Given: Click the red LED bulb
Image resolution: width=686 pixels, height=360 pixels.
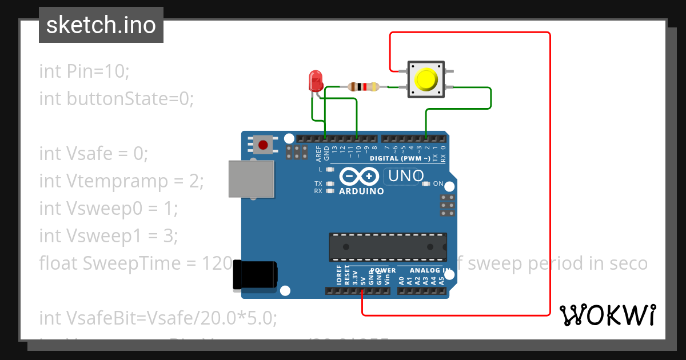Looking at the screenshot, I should pyautogui.click(x=315, y=81).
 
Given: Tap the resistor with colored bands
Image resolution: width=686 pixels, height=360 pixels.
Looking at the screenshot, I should pyautogui.click(x=363, y=87).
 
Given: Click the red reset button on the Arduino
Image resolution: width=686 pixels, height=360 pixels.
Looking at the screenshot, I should pyautogui.click(x=263, y=145).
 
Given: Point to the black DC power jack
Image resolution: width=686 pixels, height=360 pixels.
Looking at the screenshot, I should pyautogui.click(x=255, y=275).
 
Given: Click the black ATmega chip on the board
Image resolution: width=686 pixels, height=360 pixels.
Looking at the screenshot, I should pyautogui.click(x=388, y=247).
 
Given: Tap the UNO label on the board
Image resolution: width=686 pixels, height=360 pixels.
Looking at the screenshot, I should pyautogui.click(x=406, y=176).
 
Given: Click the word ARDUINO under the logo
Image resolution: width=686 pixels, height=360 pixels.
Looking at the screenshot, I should pyautogui.click(x=361, y=191).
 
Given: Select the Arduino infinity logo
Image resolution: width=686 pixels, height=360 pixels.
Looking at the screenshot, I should pyautogui.click(x=359, y=176).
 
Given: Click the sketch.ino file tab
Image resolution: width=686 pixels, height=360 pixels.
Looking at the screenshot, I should pyautogui.click(x=101, y=25).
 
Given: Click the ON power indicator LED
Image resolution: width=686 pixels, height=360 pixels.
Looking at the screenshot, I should pyautogui.click(x=426, y=183).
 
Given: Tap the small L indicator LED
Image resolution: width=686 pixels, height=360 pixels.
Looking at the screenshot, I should pyautogui.click(x=329, y=170).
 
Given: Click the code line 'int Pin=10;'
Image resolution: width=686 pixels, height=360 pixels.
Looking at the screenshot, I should pyautogui.click(x=85, y=71).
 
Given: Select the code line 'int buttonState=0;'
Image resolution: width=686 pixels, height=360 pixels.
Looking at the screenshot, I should pyautogui.click(x=117, y=99).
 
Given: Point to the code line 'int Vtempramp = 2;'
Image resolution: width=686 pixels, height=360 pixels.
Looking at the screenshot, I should pyautogui.click(x=121, y=181).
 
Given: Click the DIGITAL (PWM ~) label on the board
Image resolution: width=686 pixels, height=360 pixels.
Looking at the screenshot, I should pyautogui.click(x=400, y=158).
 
